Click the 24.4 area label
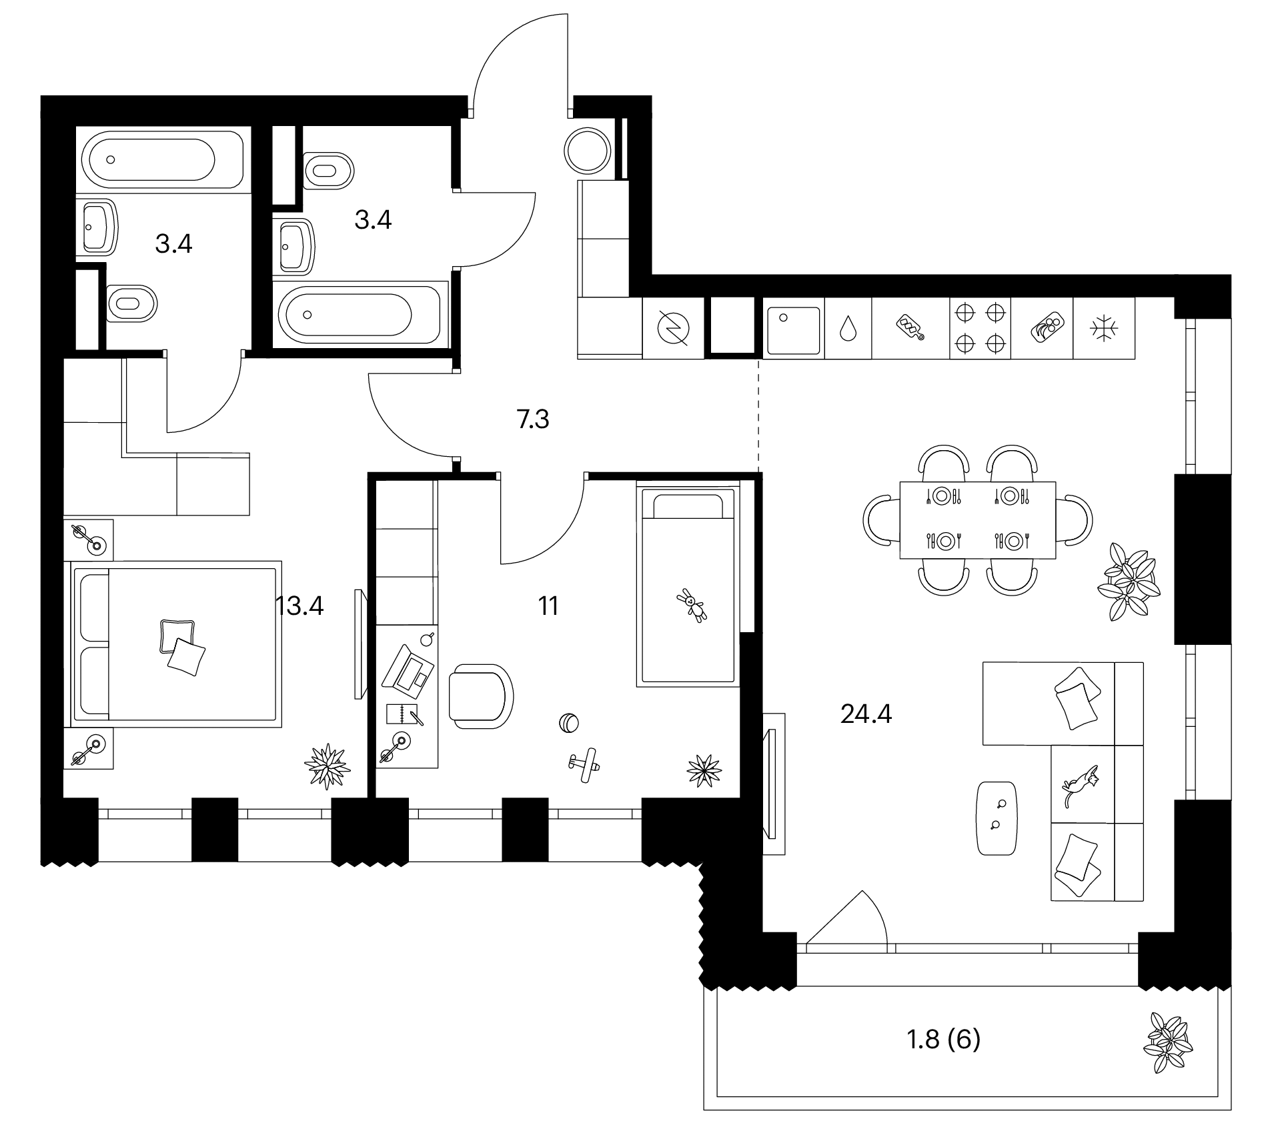(x=866, y=715)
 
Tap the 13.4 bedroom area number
(x=299, y=606)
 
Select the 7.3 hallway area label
(x=533, y=419)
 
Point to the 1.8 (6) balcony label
(x=944, y=1039)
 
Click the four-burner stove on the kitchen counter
(x=980, y=328)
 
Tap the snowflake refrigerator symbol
(x=1103, y=328)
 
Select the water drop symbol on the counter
(x=848, y=328)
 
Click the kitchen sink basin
(x=793, y=330)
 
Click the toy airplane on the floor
(x=585, y=764)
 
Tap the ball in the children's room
(x=568, y=723)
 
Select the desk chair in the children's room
(x=481, y=696)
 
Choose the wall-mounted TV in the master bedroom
(x=359, y=644)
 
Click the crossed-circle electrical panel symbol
(x=673, y=328)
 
